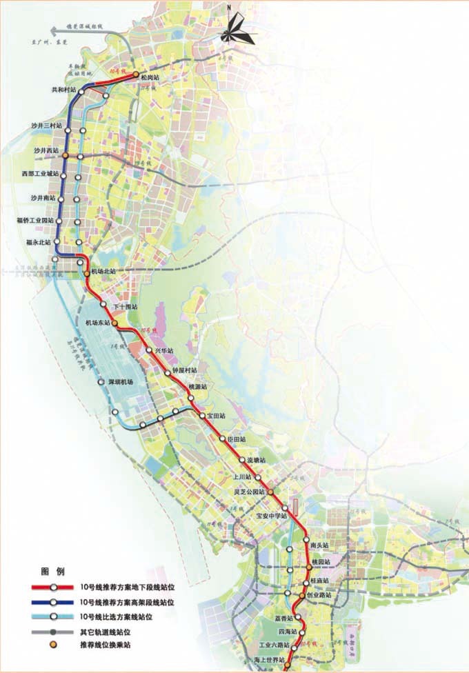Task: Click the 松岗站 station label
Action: (x=150, y=78)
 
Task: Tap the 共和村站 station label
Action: (x=64, y=90)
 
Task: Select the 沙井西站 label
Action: (x=47, y=149)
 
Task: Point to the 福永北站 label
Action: (x=39, y=242)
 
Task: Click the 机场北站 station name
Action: (x=103, y=271)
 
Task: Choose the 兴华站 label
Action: (x=165, y=351)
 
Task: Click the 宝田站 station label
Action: (x=217, y=416)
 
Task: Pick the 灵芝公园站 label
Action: (x=250, y=492)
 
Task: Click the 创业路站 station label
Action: (x=319, y=594)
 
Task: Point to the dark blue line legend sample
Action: (x=52, y=601)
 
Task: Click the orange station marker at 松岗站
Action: (x=136, y=74)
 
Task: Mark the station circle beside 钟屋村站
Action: (x=168, y=373)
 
